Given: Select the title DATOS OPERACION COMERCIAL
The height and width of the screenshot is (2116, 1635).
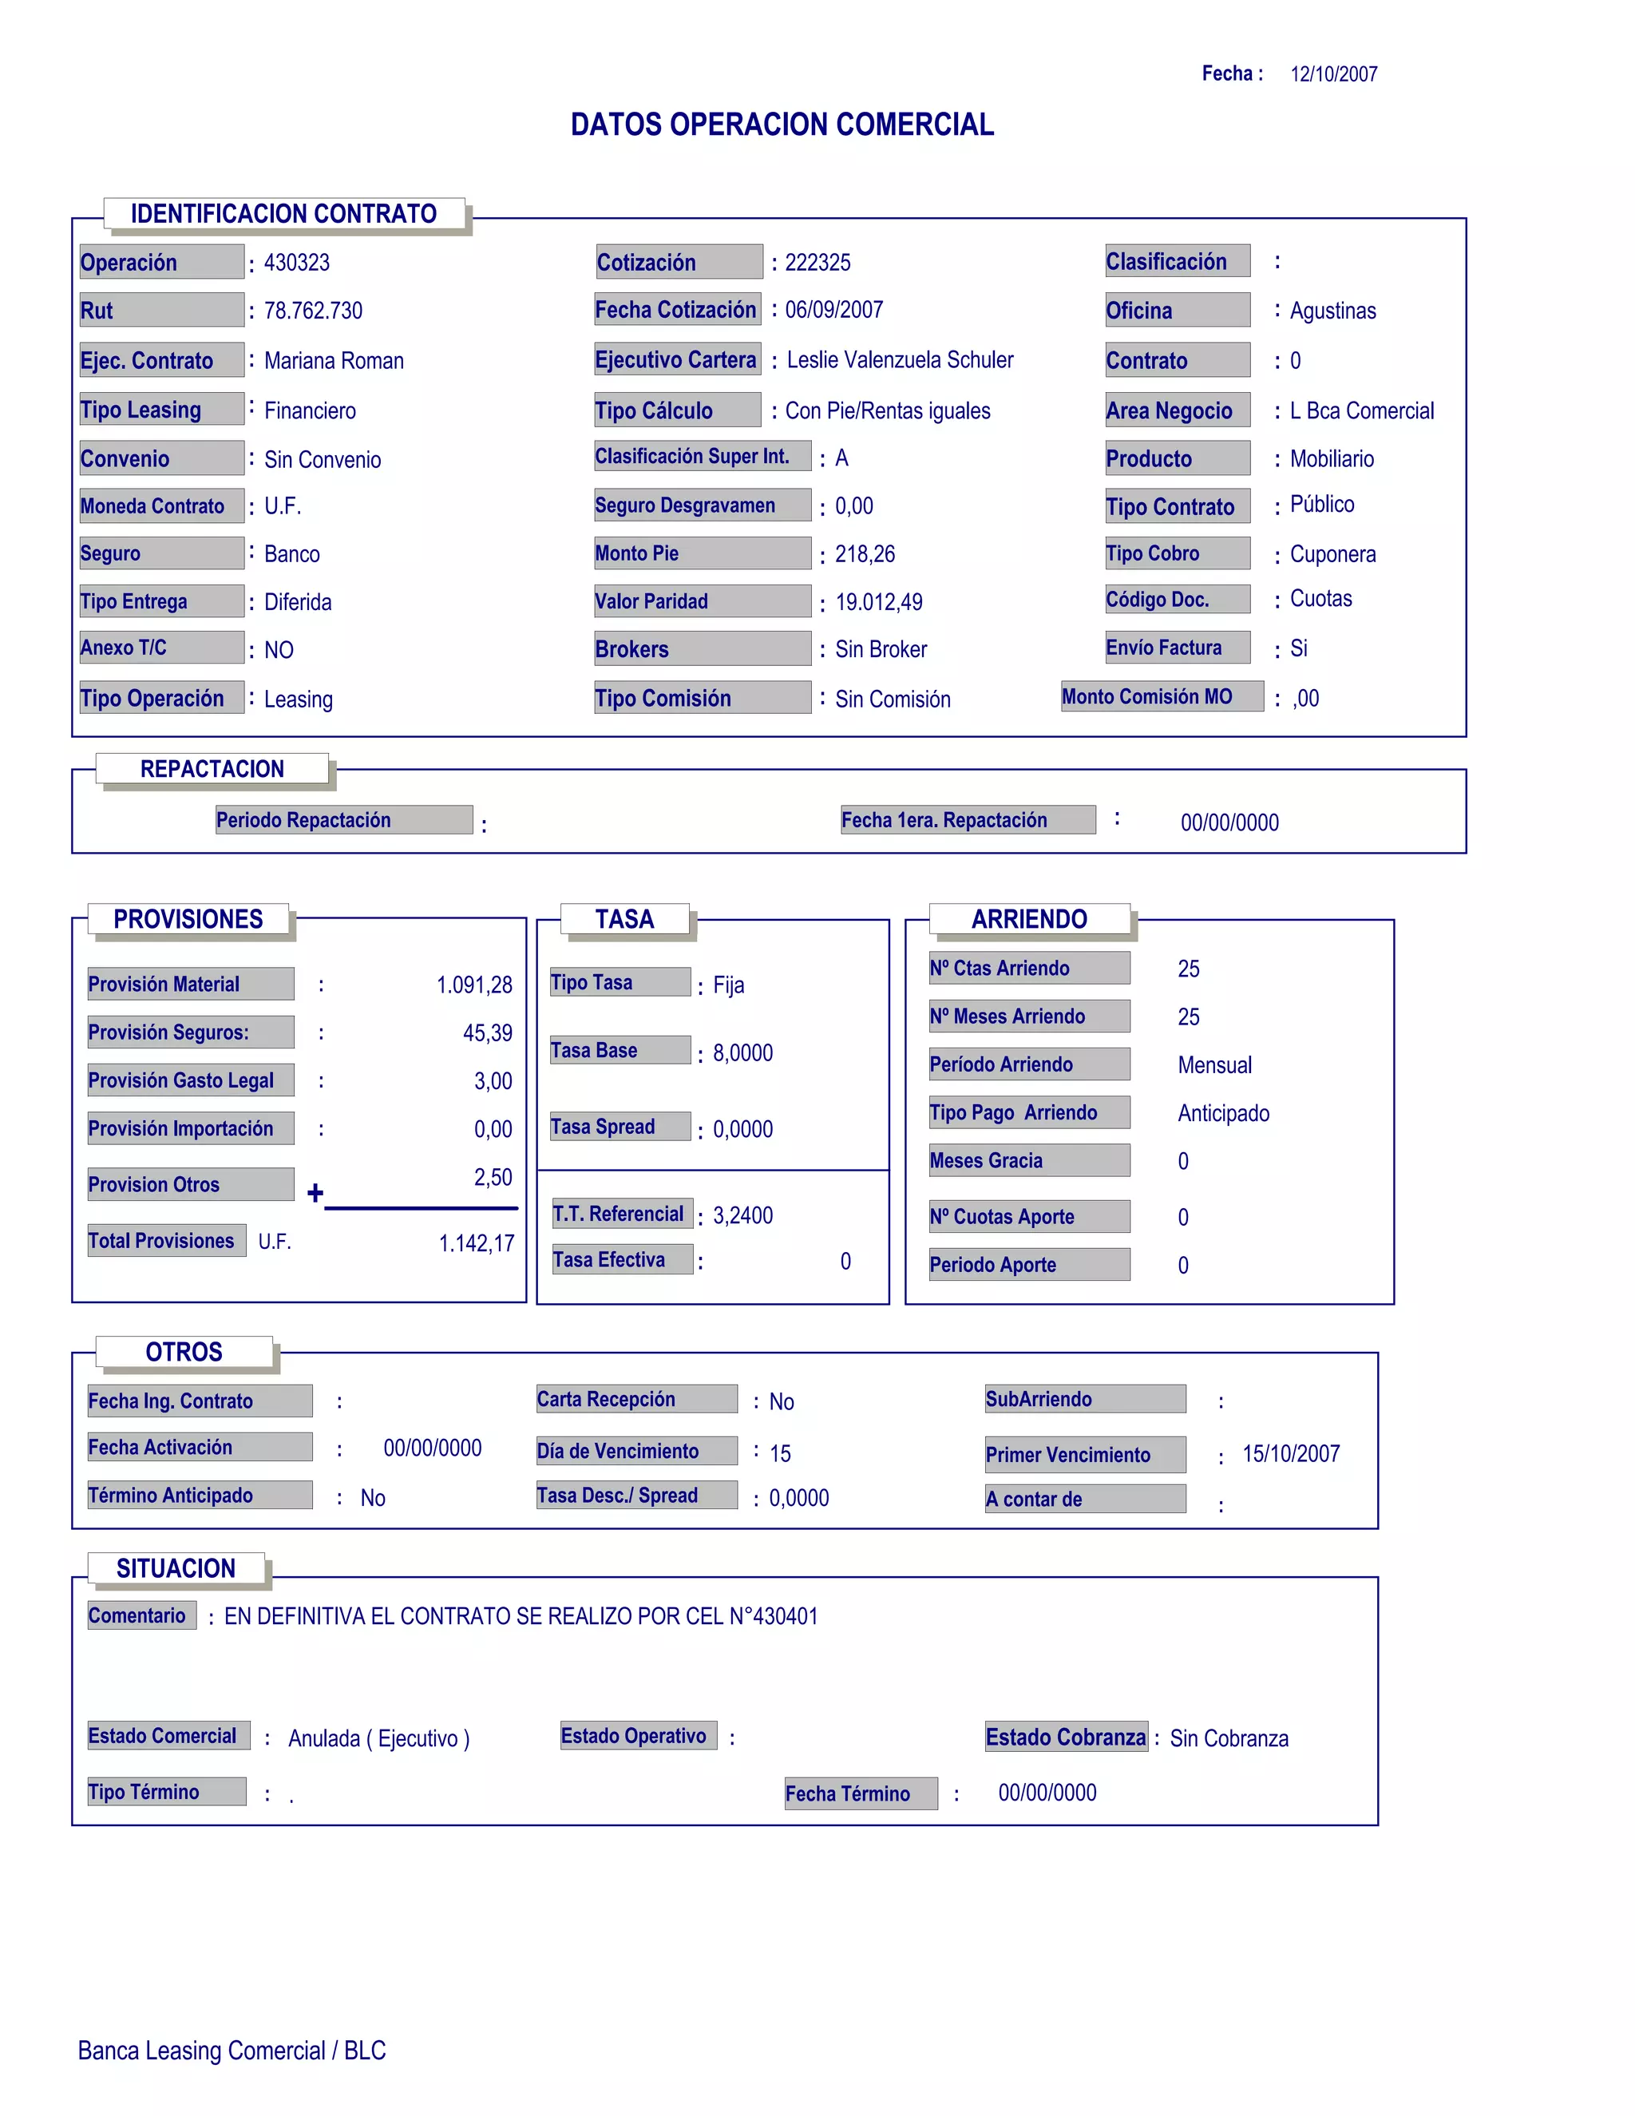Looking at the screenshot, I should [782, 125].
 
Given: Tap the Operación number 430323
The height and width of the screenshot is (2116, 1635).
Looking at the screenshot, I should [296, 263].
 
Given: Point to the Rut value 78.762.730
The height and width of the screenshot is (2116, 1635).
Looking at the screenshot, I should [313, 311].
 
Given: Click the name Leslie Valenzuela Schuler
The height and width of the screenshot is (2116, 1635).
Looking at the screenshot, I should [899, 360].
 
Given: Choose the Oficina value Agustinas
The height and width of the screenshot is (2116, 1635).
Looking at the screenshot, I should [1332, 311].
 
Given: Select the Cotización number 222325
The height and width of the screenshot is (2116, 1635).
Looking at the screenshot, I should [817, 263].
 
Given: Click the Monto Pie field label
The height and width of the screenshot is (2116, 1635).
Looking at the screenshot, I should [636, 553].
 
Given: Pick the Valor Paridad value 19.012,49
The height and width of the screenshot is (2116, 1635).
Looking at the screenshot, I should [878, 603].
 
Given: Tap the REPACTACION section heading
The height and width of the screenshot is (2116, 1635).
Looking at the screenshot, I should [212, 769].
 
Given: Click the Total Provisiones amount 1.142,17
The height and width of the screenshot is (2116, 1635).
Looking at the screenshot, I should [477, 1243].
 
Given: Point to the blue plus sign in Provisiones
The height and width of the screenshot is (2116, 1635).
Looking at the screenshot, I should [315, 1194].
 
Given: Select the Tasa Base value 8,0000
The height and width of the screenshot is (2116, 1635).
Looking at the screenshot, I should [743, 1053].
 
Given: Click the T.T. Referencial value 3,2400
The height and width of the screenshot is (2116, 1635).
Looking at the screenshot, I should [743, 1216].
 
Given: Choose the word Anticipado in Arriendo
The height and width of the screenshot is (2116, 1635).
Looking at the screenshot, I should [1223, 1113].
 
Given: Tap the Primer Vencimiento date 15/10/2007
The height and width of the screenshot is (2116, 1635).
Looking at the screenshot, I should [1291, 1453].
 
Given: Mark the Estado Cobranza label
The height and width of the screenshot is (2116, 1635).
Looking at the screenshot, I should [1066, 1738].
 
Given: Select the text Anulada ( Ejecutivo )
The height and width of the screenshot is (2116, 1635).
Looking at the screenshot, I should [378, 1739].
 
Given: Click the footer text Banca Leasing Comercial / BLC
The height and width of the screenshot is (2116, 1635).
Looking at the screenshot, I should [232, 2051].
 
